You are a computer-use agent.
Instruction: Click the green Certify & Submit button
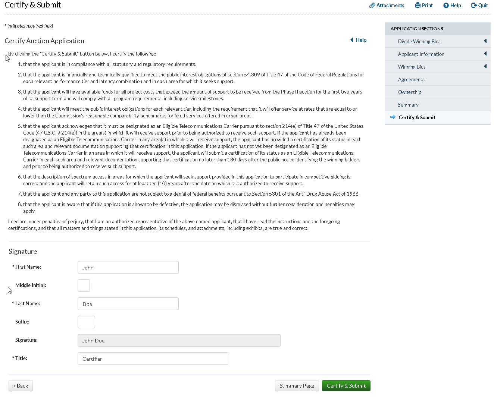point(346,386)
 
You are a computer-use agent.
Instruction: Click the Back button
point(21,386)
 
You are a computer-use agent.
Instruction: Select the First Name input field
point(128,267)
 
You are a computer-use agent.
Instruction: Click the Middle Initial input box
point(84,285)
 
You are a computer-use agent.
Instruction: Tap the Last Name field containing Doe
point(128,304)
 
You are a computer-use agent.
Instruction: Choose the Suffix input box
point(86,322)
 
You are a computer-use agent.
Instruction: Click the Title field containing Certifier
point(153,359)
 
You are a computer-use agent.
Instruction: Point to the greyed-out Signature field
point(179,340)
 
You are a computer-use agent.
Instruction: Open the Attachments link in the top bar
point(387,5)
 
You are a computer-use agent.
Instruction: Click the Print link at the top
point(424,5)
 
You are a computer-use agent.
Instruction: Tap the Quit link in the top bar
point(480,5)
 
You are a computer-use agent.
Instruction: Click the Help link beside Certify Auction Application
point(359,40)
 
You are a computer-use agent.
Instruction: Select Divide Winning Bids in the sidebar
point(419,41)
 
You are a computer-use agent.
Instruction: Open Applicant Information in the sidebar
point(421,54)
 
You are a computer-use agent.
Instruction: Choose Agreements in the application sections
point(411,79)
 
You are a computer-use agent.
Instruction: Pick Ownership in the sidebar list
point(409,92)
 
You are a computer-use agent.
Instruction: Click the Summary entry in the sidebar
point(408,105)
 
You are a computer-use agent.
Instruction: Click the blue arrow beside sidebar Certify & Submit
point(393,117)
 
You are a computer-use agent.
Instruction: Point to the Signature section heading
point(23,252)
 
